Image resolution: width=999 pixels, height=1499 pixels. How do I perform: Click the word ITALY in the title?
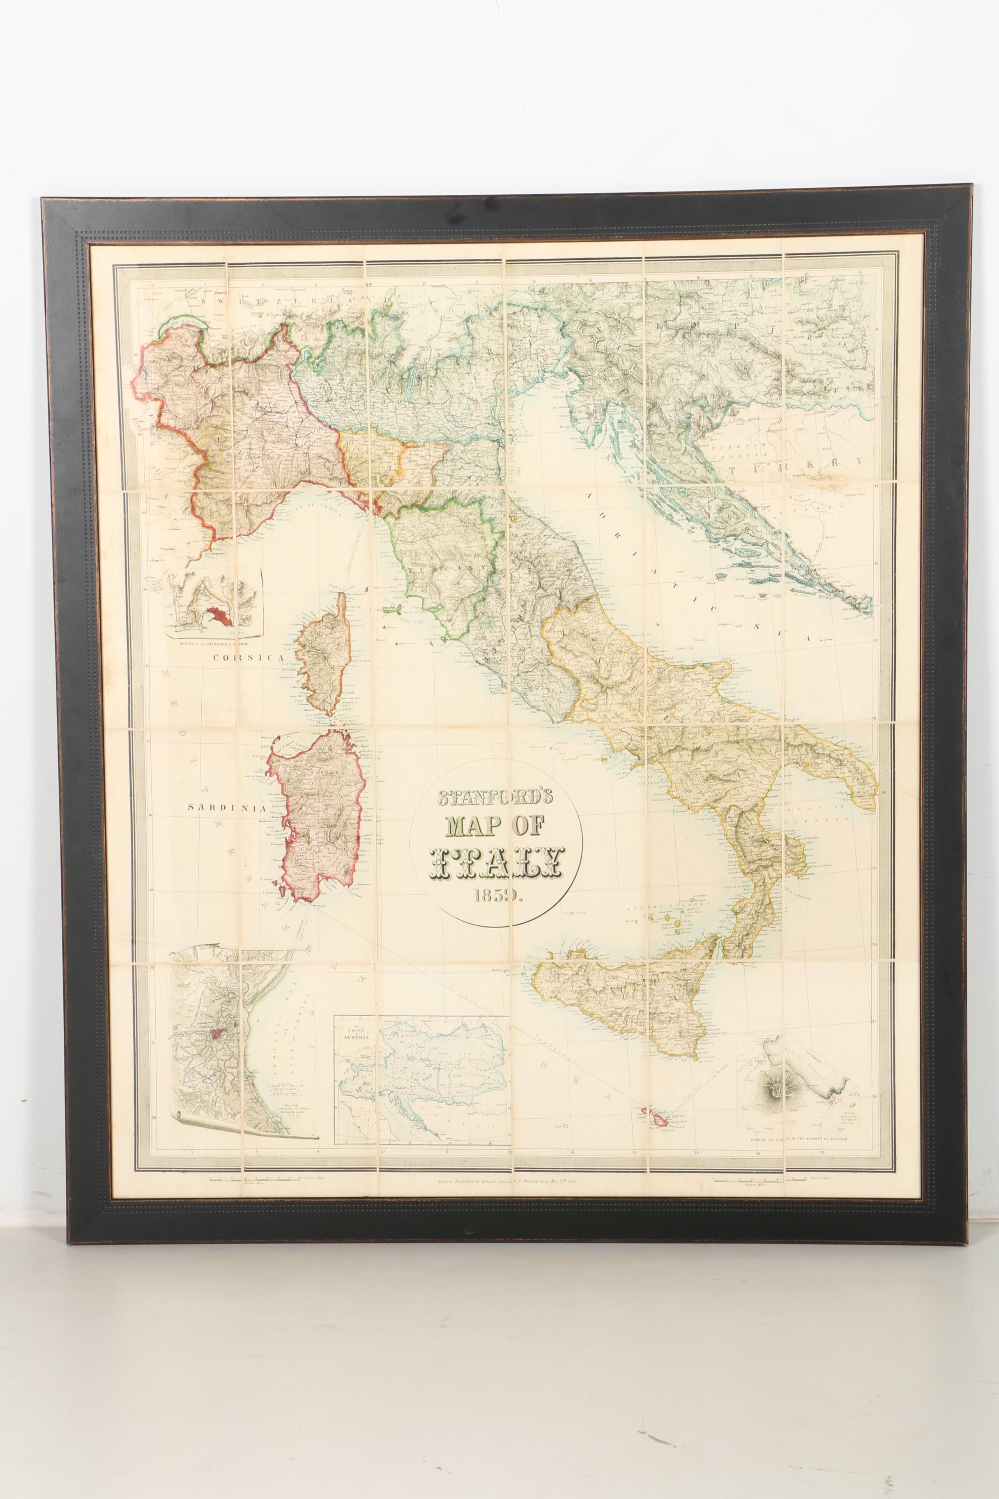pos(497,864)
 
